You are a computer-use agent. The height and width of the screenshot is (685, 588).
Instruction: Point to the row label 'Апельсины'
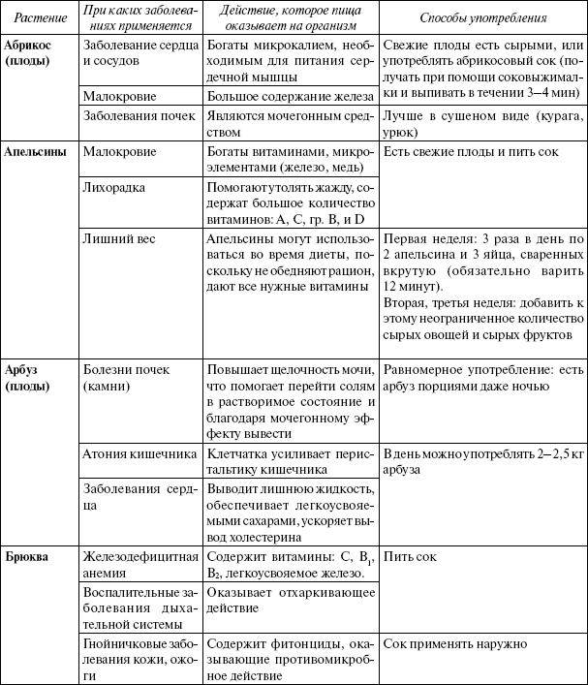37,152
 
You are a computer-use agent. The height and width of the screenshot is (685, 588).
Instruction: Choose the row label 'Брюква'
29,558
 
